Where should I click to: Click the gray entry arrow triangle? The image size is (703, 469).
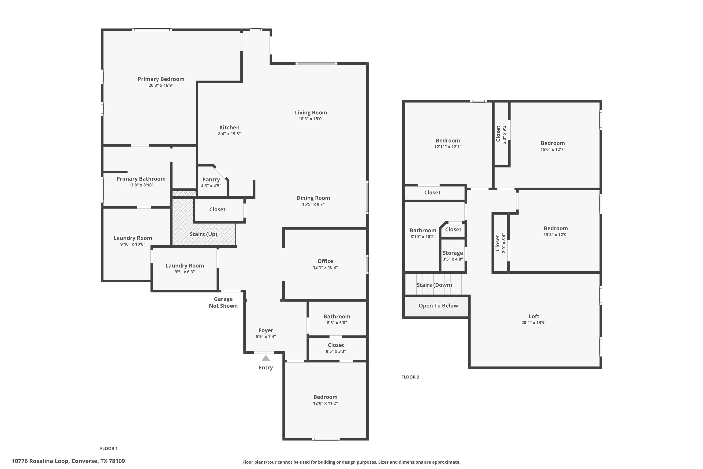(266, 358)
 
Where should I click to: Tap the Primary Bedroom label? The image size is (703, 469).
(161, 79)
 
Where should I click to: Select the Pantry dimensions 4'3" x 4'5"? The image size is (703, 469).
(211, 186)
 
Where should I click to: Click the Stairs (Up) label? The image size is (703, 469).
(203, 234)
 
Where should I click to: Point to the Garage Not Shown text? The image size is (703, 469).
(223, 303)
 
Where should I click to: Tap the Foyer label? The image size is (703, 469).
(266, 330)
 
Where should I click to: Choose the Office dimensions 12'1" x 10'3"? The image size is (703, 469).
(325, 267)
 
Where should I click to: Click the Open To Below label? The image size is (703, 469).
(438, 306)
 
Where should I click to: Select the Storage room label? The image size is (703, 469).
(453, 253)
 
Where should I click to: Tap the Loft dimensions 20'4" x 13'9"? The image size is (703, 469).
(534, 322)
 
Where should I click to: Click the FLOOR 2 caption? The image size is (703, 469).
(410, 377)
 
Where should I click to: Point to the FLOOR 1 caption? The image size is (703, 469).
(109, 449)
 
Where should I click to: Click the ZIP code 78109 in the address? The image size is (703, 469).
(117, 461)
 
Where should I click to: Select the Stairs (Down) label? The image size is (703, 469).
(434, 285)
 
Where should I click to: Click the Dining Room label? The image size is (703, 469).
(313, 198)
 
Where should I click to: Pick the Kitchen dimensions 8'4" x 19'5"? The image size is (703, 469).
(229, 134)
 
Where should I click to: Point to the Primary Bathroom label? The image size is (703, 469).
(141, 179)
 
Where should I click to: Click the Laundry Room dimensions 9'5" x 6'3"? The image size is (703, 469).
(185, 272)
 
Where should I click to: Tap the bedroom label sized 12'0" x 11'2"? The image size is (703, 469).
(325, 397)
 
